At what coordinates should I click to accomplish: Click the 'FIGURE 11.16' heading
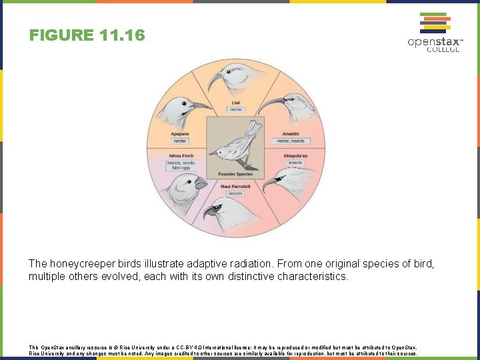87,35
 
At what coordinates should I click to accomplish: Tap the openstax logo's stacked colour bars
433,23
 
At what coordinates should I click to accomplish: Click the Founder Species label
235,174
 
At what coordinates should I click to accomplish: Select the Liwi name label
235,102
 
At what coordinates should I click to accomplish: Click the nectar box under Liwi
235,109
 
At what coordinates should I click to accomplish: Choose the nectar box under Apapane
180,141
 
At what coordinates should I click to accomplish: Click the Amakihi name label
291,133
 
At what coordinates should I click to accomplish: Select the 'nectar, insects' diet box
291,141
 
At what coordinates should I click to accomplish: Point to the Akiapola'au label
295,156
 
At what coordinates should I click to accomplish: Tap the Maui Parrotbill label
235,186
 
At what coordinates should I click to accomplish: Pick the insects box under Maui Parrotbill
235,193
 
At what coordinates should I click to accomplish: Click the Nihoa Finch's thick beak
201,183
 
